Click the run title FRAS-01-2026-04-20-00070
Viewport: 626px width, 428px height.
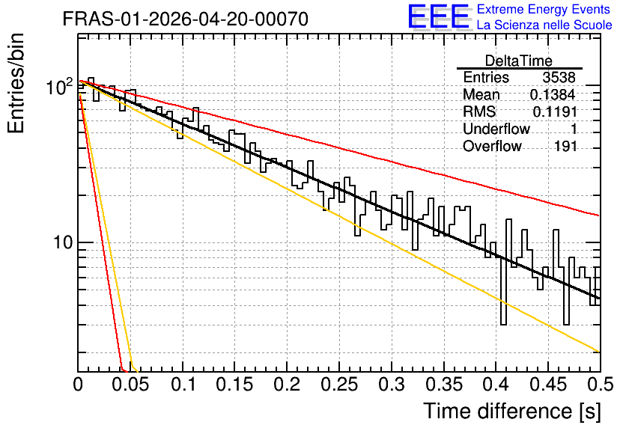[x=185, y=19]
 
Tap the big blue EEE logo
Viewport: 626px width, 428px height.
[x=438, y=16]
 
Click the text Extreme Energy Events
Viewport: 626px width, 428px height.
[x=544, y=9]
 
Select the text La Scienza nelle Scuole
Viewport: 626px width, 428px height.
[x=544, y=25]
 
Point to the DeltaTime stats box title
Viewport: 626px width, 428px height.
[x=519, y=61]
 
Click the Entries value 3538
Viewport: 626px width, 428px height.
[x=559, y=77]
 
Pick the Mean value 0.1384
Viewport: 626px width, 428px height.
[x=553, y=94]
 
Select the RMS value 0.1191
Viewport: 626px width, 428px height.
[x=555, y=111]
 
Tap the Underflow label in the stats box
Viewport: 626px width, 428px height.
[x=496, y=129]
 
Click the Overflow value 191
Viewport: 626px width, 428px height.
[x=565, y=147]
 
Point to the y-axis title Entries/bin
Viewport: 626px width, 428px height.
[x=16, y=83]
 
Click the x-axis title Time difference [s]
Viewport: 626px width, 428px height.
[x=512, y=411]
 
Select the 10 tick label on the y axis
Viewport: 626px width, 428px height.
[x=63, y=242]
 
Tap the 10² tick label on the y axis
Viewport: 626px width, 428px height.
[x=59, y=87]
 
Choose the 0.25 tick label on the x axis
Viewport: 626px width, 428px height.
[x=339, y=385]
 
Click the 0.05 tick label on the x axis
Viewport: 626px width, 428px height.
[x=130, y=385]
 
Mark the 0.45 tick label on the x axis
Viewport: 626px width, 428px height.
[x=548, y=385]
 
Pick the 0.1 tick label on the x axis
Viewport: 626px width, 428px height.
[x=183, y=385]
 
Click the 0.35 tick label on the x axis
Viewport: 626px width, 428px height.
[x=444, y=385]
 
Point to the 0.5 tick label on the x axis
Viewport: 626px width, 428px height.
[x=600, y=385]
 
